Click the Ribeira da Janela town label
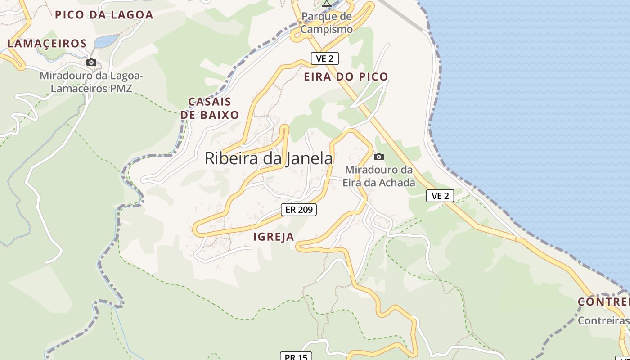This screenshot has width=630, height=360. (269, 158)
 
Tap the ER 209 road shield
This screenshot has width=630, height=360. (299, 209)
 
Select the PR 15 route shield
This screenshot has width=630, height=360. (296, 356)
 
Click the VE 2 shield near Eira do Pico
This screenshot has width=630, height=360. (324, 58)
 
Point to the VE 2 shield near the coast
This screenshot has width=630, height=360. (440, 196)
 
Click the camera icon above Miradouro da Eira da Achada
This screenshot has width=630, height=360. (379, 157)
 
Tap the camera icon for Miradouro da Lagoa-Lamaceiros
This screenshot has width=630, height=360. (91, 62)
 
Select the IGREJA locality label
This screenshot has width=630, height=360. (274, 237)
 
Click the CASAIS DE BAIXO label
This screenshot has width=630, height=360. (210, 108)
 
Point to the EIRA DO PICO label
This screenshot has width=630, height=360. (346, 76)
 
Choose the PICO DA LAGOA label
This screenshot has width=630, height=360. (104, 15)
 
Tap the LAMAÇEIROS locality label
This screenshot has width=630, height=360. (47, 44)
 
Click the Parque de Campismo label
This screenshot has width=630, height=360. (327, 23)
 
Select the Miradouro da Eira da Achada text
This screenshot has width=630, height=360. (378, 176)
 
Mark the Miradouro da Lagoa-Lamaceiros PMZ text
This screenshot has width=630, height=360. (91, 82)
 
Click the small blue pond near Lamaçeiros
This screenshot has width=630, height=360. (106, 41)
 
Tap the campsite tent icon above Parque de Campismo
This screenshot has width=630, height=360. (327, 4)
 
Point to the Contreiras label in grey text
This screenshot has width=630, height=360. (603, 321)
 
